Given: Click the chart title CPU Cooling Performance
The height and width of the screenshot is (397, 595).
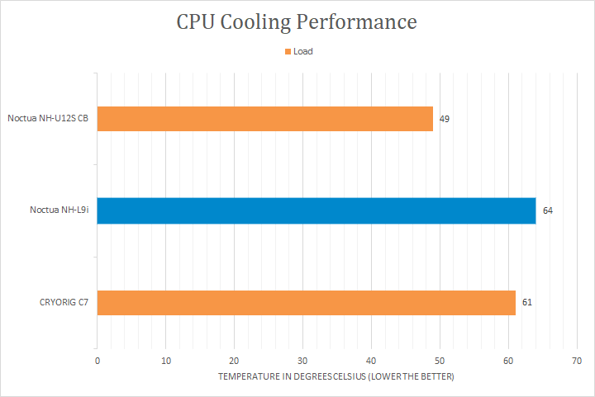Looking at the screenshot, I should [x=297, y=22].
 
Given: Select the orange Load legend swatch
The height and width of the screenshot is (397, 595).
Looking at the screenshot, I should [x=288, y=51].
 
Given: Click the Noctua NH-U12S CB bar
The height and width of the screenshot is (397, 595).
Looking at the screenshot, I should [x=265, y=119].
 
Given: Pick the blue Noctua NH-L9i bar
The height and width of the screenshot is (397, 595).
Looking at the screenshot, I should [x=317, y=210].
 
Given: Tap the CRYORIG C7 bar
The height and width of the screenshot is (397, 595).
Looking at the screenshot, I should [x=306, y=302].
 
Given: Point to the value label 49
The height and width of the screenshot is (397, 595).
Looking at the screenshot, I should [x=445, y=119].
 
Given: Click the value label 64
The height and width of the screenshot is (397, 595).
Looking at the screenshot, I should [x=547, y=210].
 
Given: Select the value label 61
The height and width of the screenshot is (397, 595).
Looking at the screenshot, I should [x=526, y=302].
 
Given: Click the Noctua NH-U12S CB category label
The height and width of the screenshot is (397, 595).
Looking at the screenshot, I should [x=48, y=119].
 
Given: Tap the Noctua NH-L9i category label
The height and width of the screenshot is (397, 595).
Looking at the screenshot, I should [x=59, y=210].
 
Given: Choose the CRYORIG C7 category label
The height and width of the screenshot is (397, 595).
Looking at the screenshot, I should [x=64, y=302].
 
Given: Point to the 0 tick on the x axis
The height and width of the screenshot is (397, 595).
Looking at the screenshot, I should [x=98, y=361].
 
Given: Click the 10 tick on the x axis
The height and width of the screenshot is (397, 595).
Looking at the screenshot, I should [x=166, y=361].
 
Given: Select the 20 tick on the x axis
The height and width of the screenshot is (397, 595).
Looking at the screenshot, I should [x=235, y=361].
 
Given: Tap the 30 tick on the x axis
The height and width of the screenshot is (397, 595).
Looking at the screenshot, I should [x=302, y=361].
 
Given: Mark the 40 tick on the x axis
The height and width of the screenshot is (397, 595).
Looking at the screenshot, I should [x=371, y=361].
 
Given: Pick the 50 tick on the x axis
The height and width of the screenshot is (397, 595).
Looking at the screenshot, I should [x=440, y=361].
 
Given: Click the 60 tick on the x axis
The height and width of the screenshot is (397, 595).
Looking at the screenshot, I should [x=508, y=361].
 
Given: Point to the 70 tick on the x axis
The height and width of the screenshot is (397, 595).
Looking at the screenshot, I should [x=576, y=361].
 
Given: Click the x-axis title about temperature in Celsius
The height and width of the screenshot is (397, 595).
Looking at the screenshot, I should [x=336, y=376].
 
